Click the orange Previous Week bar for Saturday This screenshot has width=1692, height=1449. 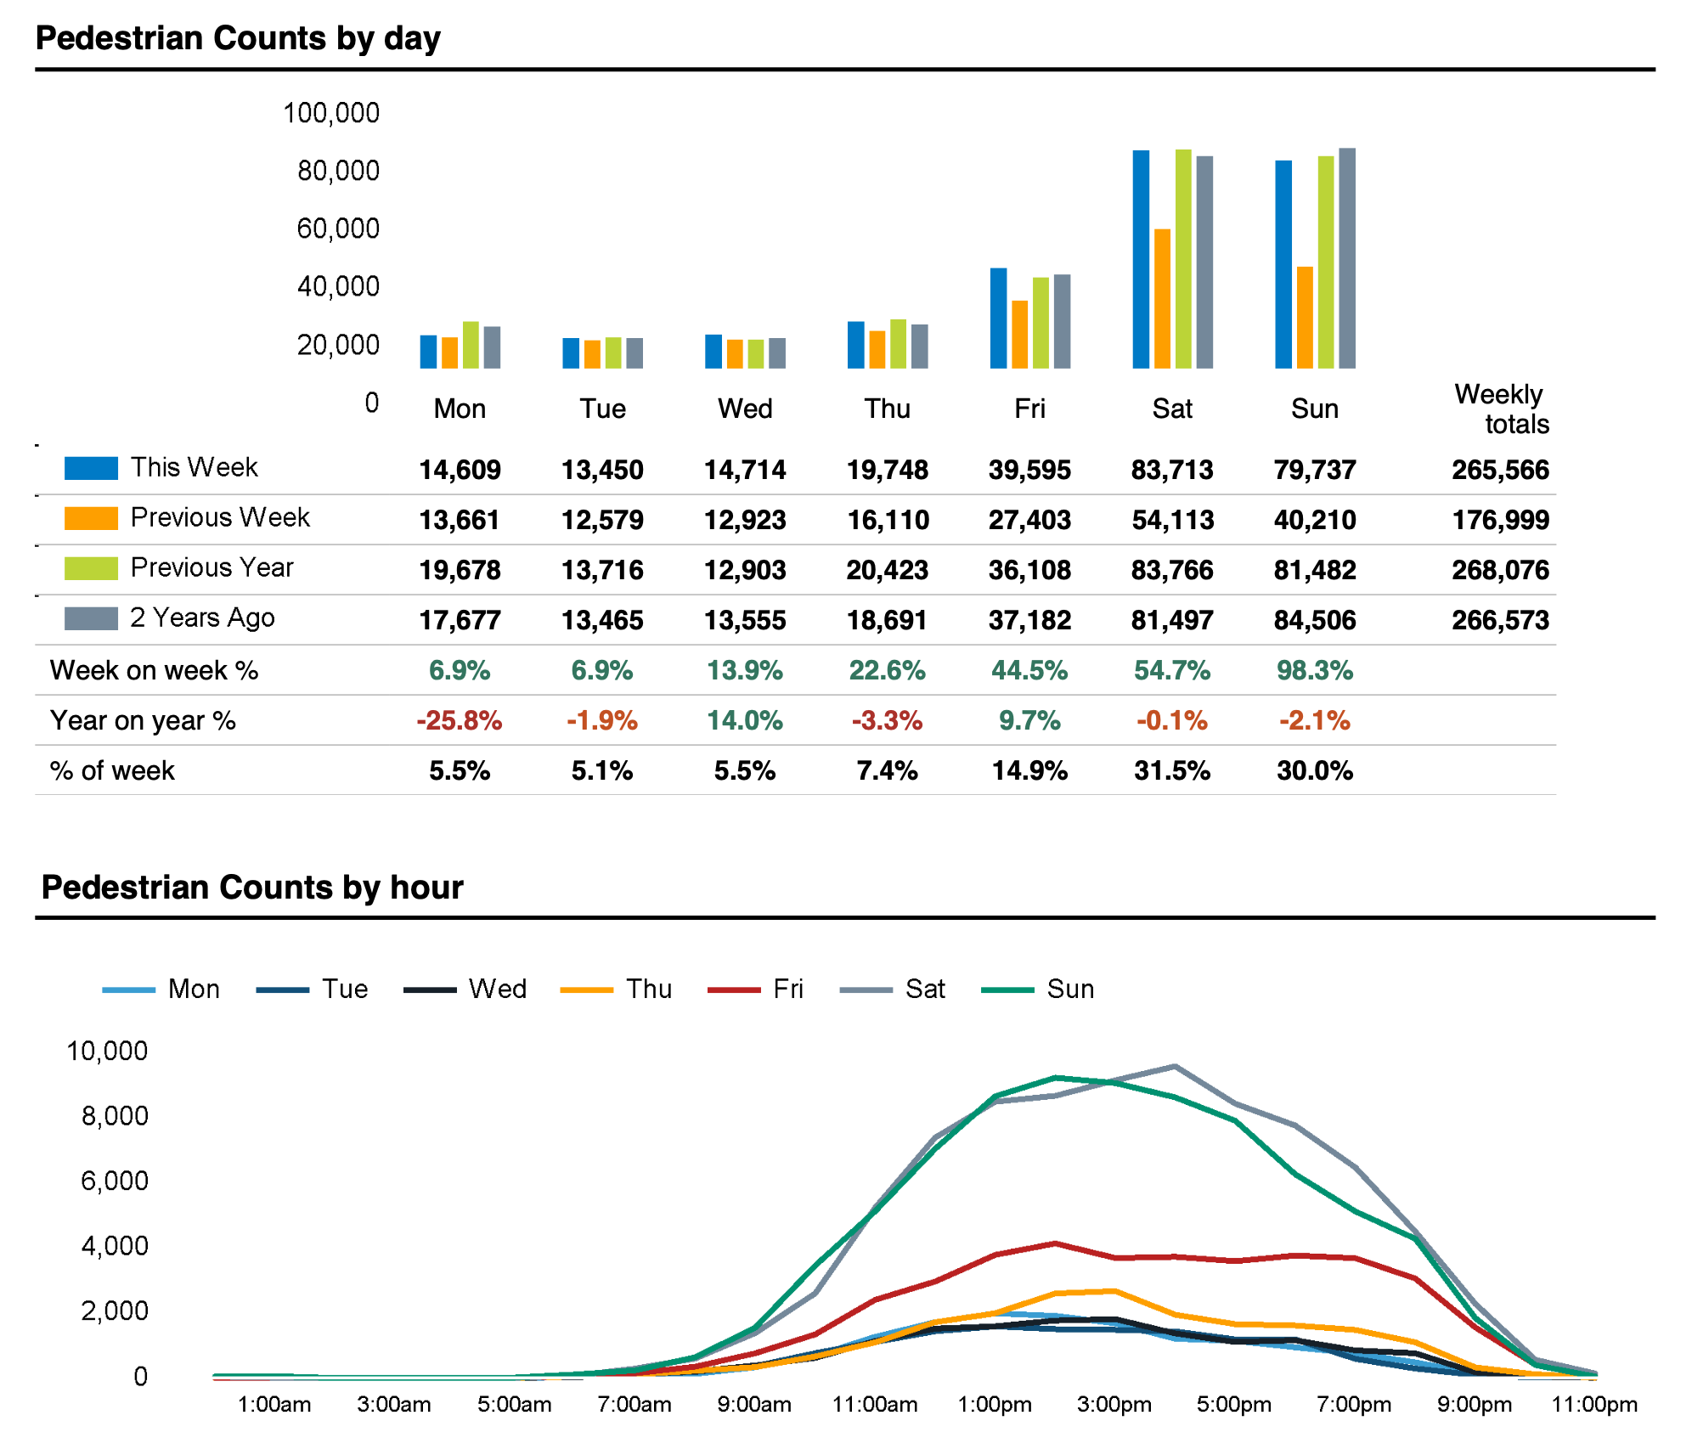(x=1162, y=298)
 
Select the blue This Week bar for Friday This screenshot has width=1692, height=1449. (x=998, y=318)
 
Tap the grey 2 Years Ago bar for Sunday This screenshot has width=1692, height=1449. (x=1347, y=258)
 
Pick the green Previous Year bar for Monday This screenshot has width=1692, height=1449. (x=471, y=345)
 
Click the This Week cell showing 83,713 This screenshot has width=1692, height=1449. (x=1172, y=470)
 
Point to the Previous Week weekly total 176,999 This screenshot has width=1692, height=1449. (x=1500, y=520)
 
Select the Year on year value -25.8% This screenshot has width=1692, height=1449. (x=460, y=720)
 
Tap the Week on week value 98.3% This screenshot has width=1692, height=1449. (x=1315, y=670)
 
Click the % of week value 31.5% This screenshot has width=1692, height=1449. (x=1172, y=770)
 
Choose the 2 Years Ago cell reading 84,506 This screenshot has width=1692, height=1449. (x=1315, y=620)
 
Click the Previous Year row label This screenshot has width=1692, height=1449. (x=211, y=567)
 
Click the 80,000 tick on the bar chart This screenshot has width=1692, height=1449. (x=338, y=171)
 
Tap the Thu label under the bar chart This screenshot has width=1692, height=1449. (x=888, y=409)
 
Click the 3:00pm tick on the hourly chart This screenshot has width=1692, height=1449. (x=1114, y=1404)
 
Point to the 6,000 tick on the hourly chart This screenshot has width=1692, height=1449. (x=115, y=1181)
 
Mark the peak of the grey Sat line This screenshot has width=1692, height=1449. (x=1174, y=1066)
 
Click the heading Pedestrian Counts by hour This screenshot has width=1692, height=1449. (x=252, y=887)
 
